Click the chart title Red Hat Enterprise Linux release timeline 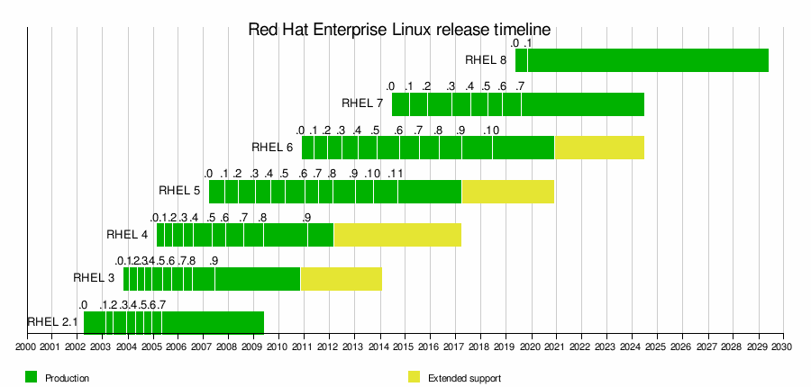point(398,30)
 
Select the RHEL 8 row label point(486,60)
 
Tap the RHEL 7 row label point(363,103)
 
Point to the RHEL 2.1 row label point(52,321)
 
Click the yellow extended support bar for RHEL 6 point(599,147)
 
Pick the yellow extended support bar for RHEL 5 point(507,191)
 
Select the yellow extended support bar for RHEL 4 point(397,234)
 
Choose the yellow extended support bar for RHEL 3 point(341,278)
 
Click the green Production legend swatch point(32,377)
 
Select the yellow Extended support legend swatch point(415,377)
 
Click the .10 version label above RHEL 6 point(491,130)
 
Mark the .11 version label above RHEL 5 point(395,174)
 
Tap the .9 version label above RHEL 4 point(307,218)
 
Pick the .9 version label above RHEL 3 point(214,261)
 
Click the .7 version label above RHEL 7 point(520,86)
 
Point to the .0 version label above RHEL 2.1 point(83,305)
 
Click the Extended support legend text point(464,378)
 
